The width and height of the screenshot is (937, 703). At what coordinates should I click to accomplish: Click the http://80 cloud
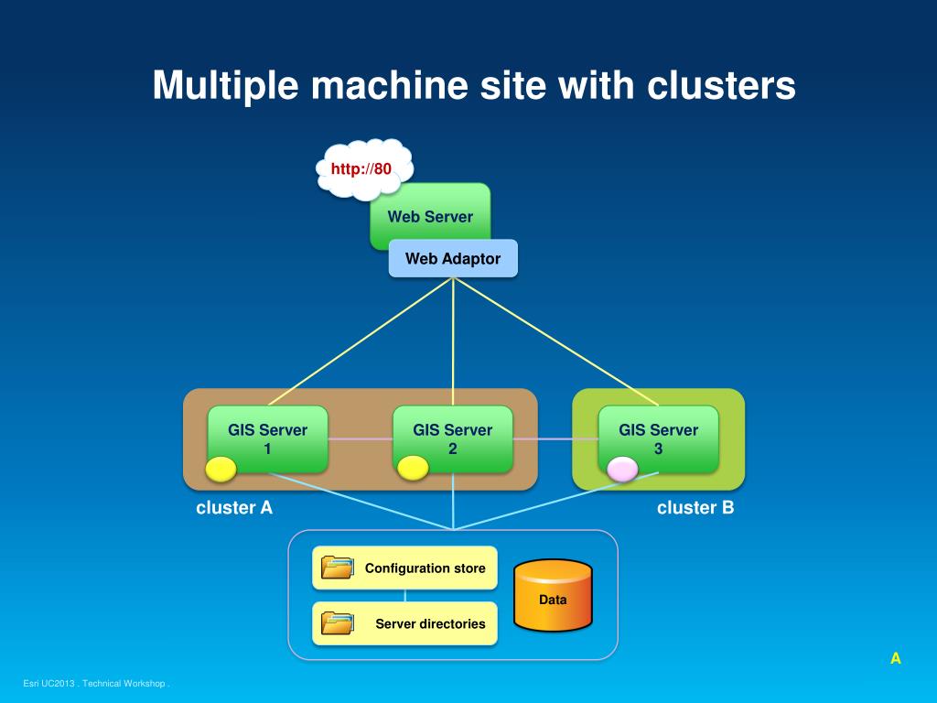(x=364, y=169)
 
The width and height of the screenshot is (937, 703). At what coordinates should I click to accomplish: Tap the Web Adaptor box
(x=453, y=258)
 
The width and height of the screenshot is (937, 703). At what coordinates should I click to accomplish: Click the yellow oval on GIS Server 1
(x=221, y=469)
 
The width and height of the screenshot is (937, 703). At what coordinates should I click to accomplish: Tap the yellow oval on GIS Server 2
(x=413, y=468)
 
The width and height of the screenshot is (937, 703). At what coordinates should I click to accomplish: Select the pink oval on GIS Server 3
(x=622, y=470)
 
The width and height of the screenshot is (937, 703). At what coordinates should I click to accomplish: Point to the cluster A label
(x=234, y=507)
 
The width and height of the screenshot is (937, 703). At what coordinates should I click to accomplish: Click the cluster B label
(x=695, y=507)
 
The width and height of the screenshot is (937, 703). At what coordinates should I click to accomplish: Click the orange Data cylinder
(x=553, y=595)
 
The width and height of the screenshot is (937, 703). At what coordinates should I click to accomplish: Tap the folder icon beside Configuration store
(x=338, y=568)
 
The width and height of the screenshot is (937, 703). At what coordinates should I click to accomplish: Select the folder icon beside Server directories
(x=338, y=622)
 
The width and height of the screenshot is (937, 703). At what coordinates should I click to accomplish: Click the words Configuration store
(x=425, y=568)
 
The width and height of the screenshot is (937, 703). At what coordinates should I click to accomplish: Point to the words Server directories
(x=430, y=623)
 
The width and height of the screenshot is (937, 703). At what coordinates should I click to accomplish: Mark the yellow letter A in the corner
(x=895, y=658)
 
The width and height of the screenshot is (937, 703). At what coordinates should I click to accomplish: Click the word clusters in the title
(x=721, y=85)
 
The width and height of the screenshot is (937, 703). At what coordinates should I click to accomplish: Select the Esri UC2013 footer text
(x=96, y=683)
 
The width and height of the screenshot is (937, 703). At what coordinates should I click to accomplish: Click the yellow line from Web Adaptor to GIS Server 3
(x=555, y=341)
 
